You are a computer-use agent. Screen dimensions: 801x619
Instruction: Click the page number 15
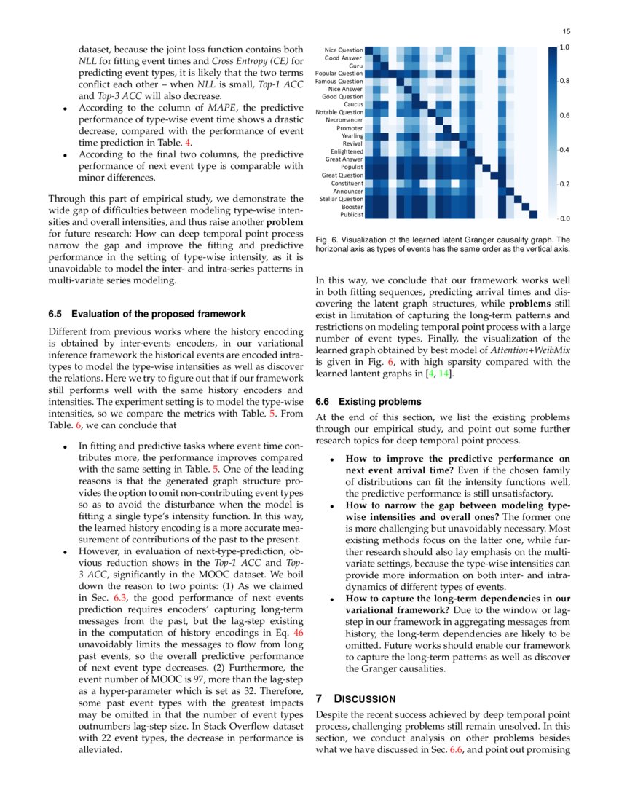[565, 31]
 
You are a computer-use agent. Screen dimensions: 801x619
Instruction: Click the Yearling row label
[352, 135]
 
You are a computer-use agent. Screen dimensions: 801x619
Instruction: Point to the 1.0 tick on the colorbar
[564, 47]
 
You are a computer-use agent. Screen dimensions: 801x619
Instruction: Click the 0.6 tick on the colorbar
[564, 115]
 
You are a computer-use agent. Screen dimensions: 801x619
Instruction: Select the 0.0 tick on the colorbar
[564, 218]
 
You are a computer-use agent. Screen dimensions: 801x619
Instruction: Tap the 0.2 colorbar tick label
[564, 184]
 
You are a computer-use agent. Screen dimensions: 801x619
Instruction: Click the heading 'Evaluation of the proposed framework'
[159, 314]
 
